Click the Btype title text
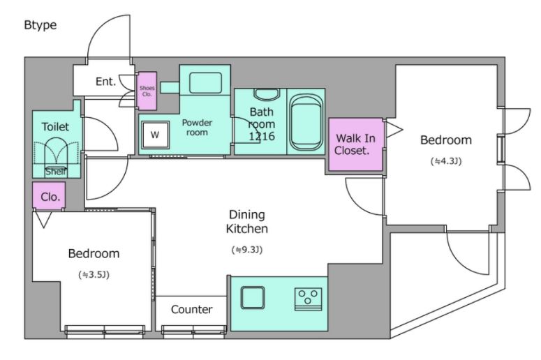click(40, 25)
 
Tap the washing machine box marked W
click(155, 135)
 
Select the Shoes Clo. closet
click(147, 91)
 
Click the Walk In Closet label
click(355, 144)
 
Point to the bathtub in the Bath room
click(306, 122)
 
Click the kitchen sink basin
click(253, 298)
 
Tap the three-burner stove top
click(308, 299)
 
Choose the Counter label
click(191, 309)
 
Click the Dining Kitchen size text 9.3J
click(247, 250)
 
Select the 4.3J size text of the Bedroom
click(446, 161)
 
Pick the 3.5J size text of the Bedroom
click(94, 275)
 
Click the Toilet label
click(55, 126)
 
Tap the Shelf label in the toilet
click(56, 172)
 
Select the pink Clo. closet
click(49, 195)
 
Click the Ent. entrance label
click(105, 82)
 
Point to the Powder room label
click(197, 127)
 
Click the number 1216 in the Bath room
click(262, 137)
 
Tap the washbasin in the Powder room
click(205, 83)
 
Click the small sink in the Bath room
click(267, 94)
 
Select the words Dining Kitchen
click(247, 221)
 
